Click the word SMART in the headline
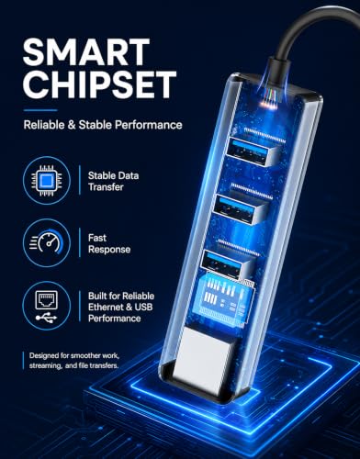(x=86, y=52)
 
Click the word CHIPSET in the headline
(x=99, y=84)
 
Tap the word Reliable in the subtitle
(x=44, y=125)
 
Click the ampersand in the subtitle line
(x=72, y=125)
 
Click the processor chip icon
(x=47, y=181)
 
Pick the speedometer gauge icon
(x=47, y=242)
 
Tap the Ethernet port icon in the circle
(x=47, y=299)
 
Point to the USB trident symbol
(x=46, y=318)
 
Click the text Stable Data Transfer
(x=113, y=181)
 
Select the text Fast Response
(x=109, y=243)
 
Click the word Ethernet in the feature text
(x=106, y=307)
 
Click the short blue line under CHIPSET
(x=40, y=110)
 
